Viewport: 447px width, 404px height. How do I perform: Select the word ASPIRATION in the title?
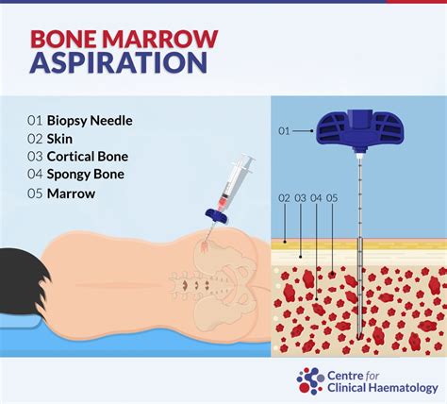(118, 64)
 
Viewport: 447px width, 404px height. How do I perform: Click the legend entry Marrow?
(74, 194)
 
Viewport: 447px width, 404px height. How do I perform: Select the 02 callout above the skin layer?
(286, 197)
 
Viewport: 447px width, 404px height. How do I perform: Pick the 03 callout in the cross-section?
(301, 197)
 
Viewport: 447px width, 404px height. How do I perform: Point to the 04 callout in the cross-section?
(316, 197)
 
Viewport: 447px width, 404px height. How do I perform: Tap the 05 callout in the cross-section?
(332, 197)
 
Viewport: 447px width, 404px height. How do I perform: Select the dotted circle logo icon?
(310, 380)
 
